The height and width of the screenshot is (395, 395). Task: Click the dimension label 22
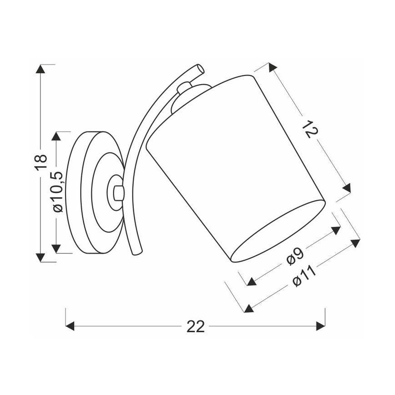tap(196, 326)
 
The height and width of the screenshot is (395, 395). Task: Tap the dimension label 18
tap(41, 162)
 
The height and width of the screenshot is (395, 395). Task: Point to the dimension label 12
tap(309, 129)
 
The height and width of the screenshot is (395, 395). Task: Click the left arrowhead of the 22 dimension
tap(70, 326)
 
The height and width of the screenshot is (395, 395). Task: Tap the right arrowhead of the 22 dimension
tap(321, 326)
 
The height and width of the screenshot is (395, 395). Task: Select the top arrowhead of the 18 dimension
tap(41, 69)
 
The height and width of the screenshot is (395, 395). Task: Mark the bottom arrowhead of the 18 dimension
tap(41, 257)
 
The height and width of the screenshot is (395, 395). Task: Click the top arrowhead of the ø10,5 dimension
tap(56, 136)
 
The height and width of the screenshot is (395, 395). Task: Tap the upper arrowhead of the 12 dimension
tap(272, 68)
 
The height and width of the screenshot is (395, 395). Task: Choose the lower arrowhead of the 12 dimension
tap(347, 188)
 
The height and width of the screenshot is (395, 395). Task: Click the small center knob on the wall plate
tap(117, 192)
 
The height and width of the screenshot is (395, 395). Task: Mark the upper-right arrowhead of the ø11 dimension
tap(355, 243)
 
